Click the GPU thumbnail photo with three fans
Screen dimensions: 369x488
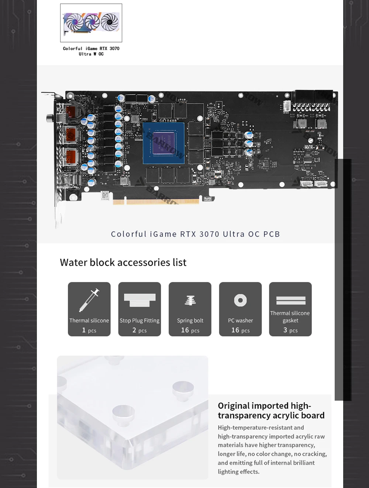91,23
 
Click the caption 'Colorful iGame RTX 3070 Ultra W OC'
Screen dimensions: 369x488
91,51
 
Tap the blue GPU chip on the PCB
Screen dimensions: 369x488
163,143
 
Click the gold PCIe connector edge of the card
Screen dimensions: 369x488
156,202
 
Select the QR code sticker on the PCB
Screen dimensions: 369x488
105,195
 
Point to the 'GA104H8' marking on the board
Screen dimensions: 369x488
168,121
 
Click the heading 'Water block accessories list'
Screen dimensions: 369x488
123,262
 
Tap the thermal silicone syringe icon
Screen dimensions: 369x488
89,300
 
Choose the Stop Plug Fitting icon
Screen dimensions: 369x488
139,300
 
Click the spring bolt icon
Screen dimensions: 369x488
190,300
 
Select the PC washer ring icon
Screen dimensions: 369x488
240,300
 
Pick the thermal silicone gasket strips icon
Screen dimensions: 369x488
291,300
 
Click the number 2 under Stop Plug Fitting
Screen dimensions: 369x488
134,330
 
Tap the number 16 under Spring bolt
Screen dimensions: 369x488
185,330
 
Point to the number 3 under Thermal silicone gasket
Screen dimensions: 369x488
285,330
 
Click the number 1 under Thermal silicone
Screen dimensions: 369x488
84,330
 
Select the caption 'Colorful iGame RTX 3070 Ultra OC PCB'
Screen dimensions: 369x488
196,234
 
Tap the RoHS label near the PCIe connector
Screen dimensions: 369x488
207,199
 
